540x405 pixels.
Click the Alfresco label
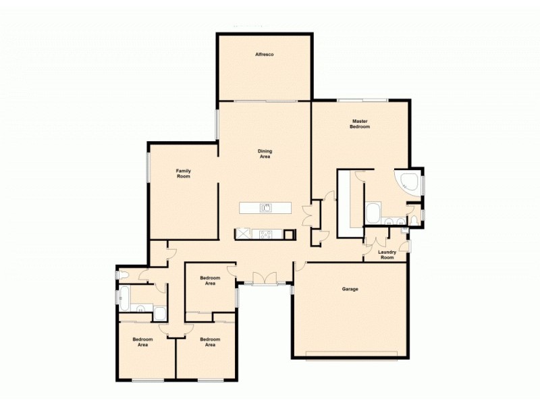coord(264,53)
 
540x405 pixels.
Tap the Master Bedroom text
coord(360,124)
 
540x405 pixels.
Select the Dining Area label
coord(265,154)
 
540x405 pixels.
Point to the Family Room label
coord(184,173)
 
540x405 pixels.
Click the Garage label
coord(350,289)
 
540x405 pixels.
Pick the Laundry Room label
coord(387,254)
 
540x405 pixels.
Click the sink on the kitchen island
coord(266,208)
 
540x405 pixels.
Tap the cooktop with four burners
coord(266,235)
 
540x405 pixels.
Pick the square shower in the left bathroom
coord(160,313)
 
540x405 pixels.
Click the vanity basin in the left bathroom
coord(140,310)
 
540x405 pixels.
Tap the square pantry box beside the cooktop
coord(290,235)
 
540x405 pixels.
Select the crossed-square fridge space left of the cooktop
coord(242,235)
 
